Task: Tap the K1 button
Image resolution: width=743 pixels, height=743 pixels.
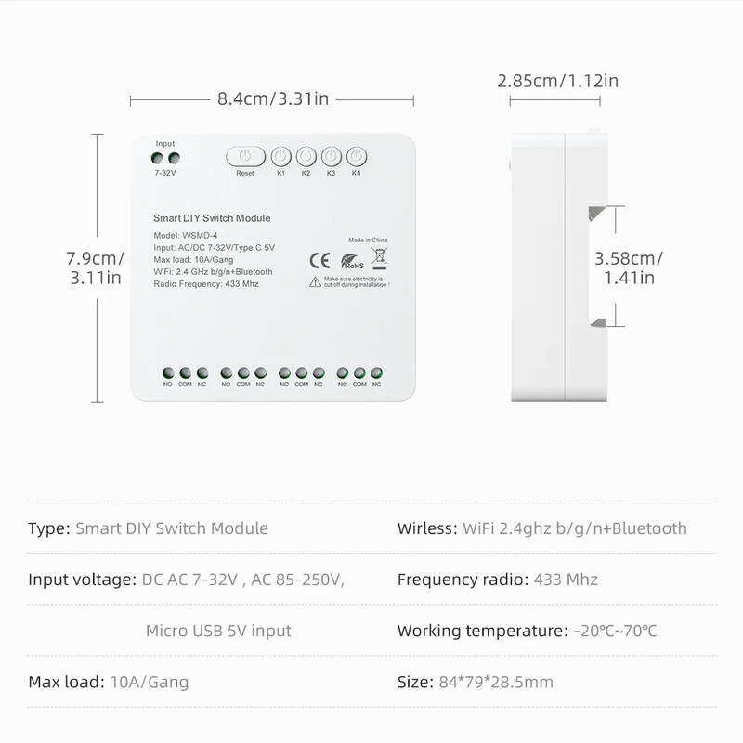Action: pos(280,155)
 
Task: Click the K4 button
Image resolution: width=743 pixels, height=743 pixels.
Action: pos(358,155)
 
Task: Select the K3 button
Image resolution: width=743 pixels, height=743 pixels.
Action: pos(332,155)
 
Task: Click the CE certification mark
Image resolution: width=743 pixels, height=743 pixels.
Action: pos(316,260)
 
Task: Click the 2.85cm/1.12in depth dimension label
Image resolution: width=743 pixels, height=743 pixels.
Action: pos(557,81)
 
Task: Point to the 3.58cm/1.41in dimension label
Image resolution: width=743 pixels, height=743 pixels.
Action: pos(629,267)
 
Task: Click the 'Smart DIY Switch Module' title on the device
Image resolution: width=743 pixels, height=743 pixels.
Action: pos(212,218)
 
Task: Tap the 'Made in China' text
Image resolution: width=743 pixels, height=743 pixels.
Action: pos(368,239)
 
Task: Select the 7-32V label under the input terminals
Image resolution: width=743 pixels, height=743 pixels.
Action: pos(165,173)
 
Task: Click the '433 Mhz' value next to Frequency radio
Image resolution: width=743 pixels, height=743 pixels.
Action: pos(566,580)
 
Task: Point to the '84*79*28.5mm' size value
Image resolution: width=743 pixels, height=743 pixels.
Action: pos(495,683)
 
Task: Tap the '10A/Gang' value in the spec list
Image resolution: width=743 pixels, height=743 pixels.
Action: pos(149,683)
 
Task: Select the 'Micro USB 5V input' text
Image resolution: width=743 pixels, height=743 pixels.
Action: pos(218,632)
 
